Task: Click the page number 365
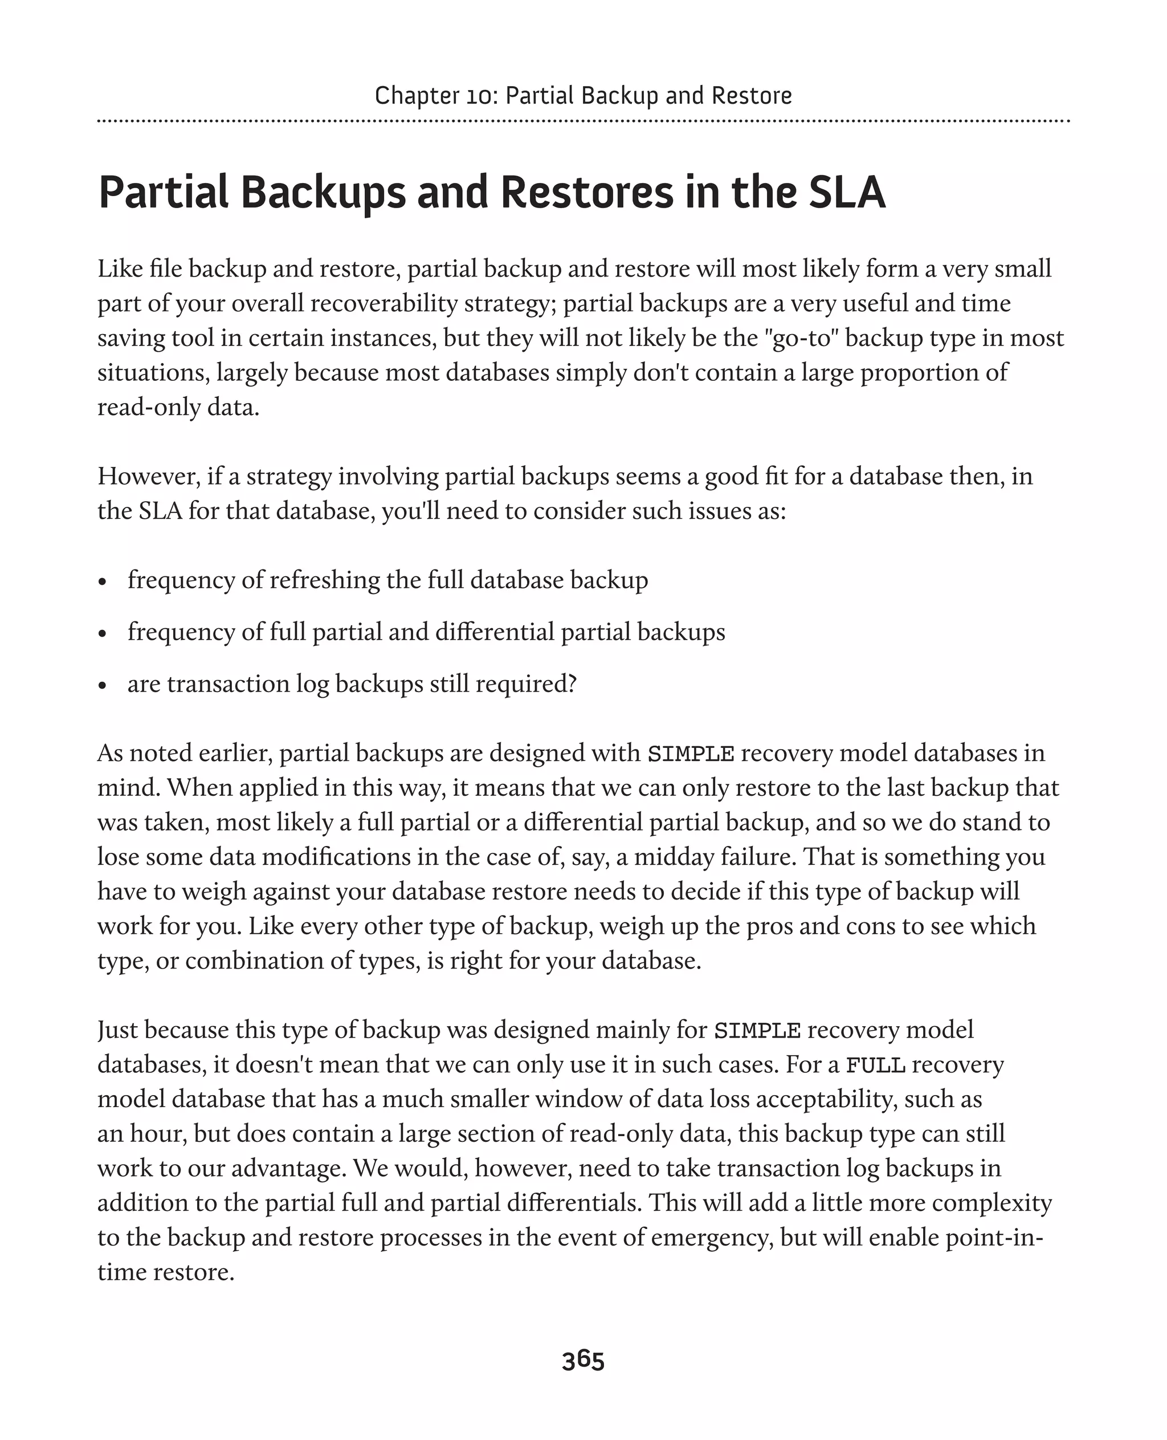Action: click(x=583, y=1360)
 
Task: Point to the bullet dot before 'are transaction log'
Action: click(x=102, y=686)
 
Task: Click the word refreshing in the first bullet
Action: click(x=325, y=580)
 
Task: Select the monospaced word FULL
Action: click(x=875, y=1065)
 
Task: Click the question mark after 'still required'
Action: click(x=572, y=684)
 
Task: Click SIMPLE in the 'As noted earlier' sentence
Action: click(x=691, y=753)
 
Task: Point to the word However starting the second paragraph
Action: click(x=149, y=476)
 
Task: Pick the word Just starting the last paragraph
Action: click(x=117, y=1030)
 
